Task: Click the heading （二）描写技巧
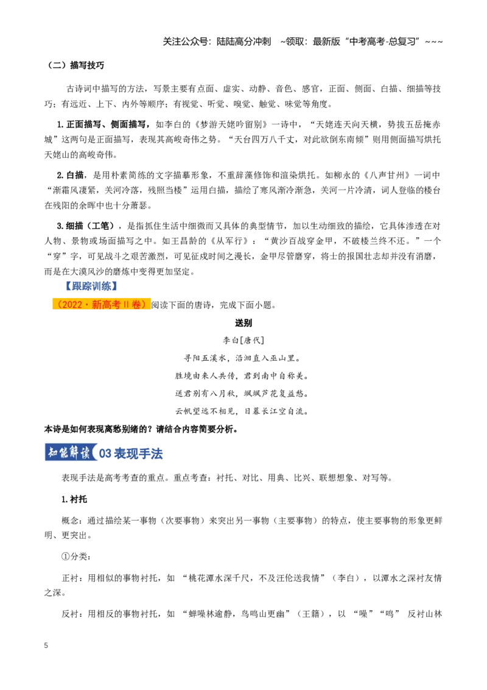[x=75, y=65]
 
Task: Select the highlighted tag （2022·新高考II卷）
[x=102, y=305]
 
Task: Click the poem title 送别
[x=243, y=322]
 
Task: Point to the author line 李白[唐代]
[x=243, y=340]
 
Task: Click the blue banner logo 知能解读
[x=71, y=452]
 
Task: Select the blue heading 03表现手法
[x=131, y=453]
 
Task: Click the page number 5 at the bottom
[x=46, y=646]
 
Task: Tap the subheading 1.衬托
[x=74, y=499]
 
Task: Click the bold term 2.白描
[x=71, y=175]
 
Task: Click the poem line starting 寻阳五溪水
[x=243, y=358]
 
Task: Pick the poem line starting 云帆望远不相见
[x=243, y=411]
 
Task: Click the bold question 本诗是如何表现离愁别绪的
[x=141, y=429]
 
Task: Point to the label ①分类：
[x=76, y=557]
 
